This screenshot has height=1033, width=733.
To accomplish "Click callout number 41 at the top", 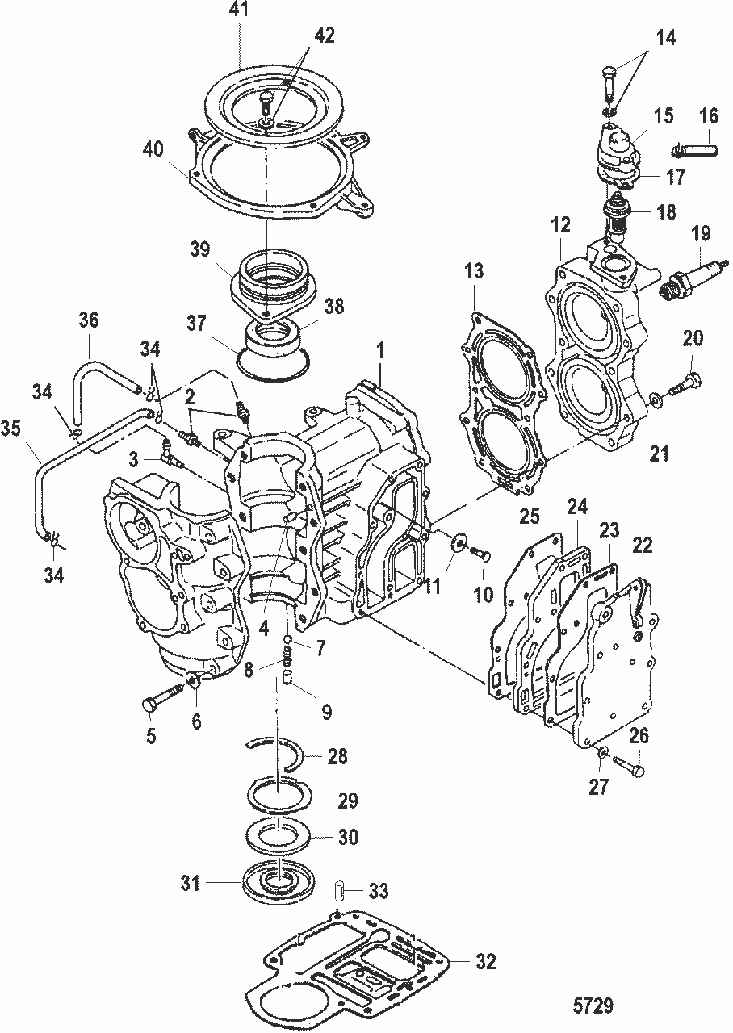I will click(241, 10).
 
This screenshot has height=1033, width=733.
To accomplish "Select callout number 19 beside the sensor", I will click(701, 235).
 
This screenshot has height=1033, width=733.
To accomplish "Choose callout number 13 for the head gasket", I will click(474, 272).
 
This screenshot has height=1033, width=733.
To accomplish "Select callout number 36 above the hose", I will click(88, 320).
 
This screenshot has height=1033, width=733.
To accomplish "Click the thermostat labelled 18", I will click(618, 215).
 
